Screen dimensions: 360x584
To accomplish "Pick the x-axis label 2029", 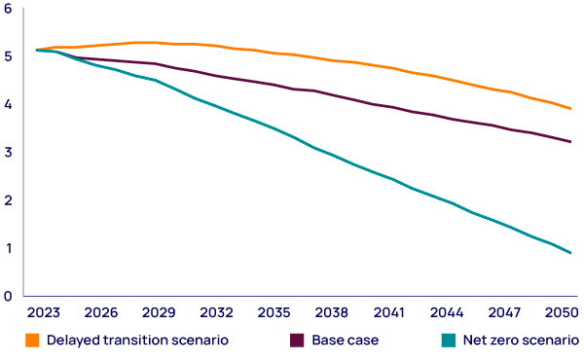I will coord(159,313).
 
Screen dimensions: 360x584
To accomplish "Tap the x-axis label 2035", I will coord(274,313).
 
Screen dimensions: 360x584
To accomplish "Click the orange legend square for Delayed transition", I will coord(32,341).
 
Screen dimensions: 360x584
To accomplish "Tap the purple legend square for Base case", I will coord(298,341).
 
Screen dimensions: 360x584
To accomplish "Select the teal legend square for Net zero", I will coord(448,341).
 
